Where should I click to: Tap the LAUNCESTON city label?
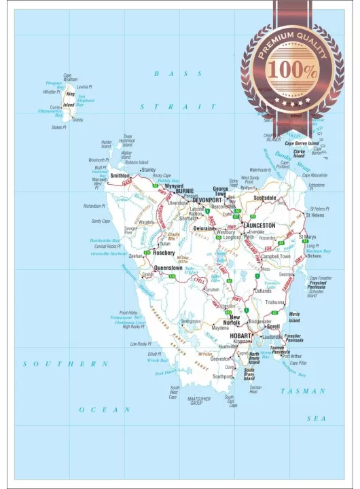pos(259,225)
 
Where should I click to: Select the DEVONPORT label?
pos(206,200)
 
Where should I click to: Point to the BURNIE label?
pos(185,192)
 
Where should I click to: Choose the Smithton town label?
pos(120,175)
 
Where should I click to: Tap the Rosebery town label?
pos(164,252)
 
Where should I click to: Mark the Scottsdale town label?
pos(265,198)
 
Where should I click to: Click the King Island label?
pos(69,100)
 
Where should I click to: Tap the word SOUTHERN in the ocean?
pos(65,364)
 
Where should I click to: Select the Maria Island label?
pos(294,316)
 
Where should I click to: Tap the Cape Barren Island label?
pos(302,143)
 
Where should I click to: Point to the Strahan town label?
pos(148,275)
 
